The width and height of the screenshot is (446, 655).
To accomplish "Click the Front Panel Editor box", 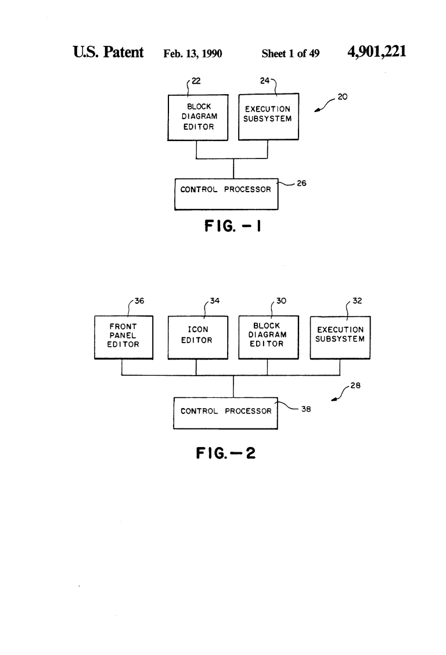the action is click(x=124, y=337).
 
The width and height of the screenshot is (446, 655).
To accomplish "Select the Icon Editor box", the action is click(x=198, y=337).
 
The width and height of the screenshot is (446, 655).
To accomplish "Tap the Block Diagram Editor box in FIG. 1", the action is click(x=198, y=117).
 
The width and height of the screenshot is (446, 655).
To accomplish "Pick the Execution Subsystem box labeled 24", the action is click(x=268, y=117).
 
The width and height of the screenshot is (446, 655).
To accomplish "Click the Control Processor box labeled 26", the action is click(x=226, y=195).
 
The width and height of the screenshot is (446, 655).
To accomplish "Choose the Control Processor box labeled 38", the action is click(x=225, y=413).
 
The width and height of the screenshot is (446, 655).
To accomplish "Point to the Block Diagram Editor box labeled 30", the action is click(x=268, y=337).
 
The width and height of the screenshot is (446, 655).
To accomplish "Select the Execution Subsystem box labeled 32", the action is click(x=340, y=337).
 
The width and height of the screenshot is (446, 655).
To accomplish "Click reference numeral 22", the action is click(x=196, y=81).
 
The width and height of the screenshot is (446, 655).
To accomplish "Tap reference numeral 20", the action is click(x=343, y=97).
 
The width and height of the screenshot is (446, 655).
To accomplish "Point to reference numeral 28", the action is click(x=355, y=386).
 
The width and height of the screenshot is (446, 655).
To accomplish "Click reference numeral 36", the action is click(x=139, y=301).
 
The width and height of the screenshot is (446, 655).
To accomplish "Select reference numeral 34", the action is click(x=215, y=301).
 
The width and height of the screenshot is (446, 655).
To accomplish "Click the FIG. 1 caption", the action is click(x=233, y=226).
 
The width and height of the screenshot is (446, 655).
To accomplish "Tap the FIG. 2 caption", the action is click(x=225, y=453).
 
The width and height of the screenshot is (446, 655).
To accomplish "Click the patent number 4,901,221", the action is click(x=377, y=52).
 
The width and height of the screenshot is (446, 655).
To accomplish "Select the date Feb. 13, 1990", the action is click(x=193, y=53).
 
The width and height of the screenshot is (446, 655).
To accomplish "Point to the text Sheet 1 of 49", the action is click(x=290, y=53).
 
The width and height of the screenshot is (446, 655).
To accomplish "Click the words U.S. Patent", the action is click(x=108, y=52).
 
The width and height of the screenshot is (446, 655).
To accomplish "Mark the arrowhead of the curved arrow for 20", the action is click(x=317, y=111).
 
